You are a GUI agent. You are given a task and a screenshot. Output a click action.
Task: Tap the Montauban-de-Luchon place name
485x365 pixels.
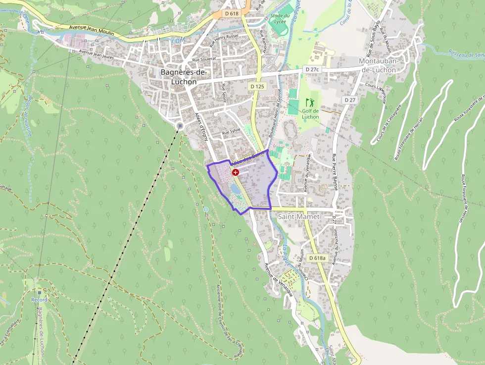378,65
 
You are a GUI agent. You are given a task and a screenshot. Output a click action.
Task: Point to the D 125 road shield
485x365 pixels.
257,86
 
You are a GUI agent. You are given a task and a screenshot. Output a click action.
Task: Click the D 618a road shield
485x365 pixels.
317,258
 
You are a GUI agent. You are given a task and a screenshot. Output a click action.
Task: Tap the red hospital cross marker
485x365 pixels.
235,172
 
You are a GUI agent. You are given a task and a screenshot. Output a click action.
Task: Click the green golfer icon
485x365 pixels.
310,103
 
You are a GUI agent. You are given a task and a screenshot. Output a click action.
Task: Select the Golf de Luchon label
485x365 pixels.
310,114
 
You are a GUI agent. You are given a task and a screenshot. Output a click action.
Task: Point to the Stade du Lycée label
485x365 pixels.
281,18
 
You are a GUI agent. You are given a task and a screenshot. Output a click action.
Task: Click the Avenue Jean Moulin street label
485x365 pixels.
92,30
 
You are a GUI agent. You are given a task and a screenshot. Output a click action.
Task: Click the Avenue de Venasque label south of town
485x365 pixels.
278,279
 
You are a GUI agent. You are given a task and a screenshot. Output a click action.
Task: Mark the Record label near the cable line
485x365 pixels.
39,300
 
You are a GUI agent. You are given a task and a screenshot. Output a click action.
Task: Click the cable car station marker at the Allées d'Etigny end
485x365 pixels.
180,126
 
